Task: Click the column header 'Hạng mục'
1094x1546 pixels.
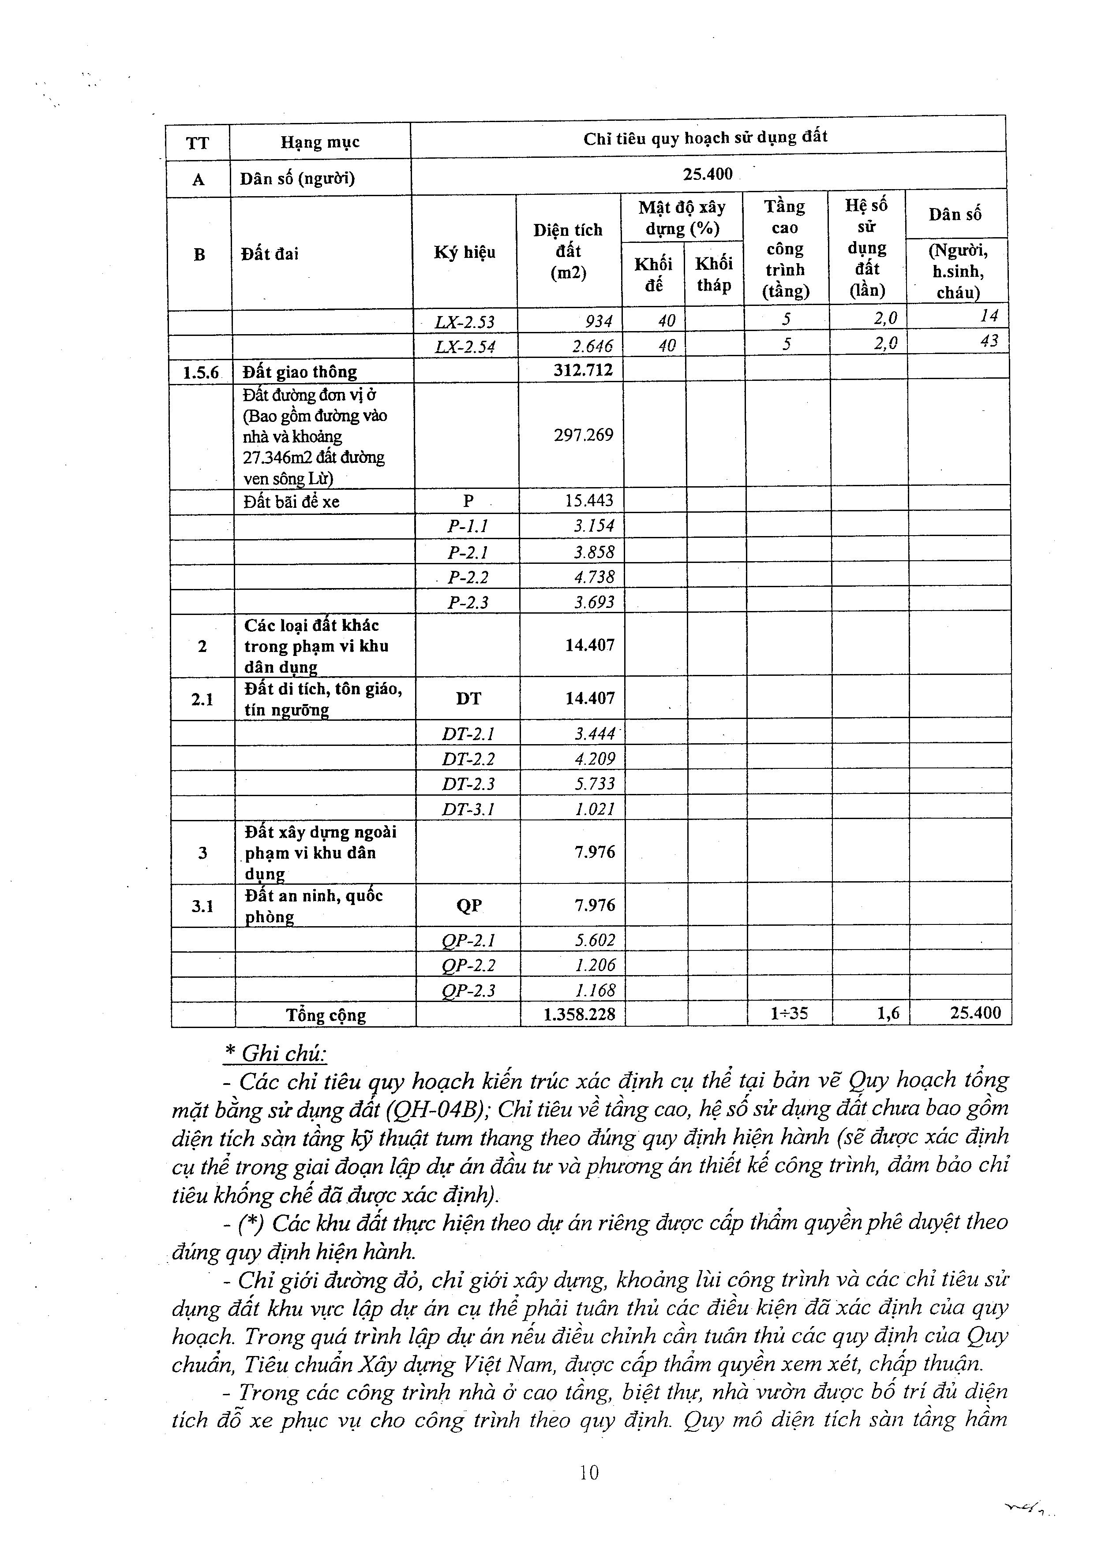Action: click(320, 142)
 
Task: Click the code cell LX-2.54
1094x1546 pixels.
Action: click(465, 346)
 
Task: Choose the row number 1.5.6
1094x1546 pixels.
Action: click(201, 372)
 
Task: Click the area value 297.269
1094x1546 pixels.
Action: click(583, 435)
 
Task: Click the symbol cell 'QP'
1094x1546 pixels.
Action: click(469, 905)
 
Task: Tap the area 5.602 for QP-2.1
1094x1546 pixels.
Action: click(595, 940)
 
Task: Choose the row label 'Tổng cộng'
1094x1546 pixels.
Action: click(326, 1015)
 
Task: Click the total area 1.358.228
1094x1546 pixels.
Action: click(579, 1014)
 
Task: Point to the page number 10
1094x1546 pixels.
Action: click(588, 1473)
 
